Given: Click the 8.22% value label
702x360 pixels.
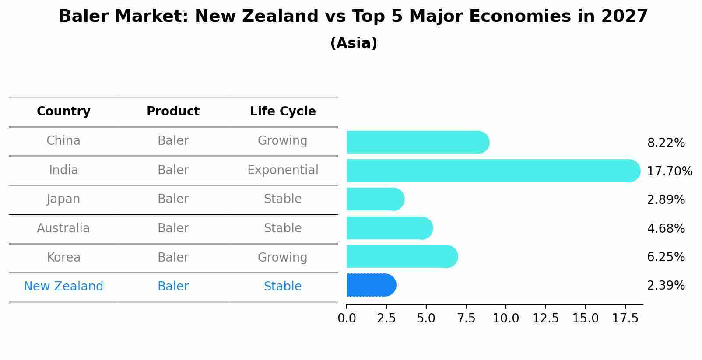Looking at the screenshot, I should (x=666, y=143).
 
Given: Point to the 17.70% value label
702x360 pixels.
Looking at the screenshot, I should (x=669, y=171).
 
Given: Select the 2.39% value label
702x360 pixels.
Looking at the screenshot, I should (x=666, y=286).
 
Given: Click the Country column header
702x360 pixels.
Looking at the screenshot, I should (x=63, y=112).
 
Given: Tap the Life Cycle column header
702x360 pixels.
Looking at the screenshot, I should (x=283, y=112).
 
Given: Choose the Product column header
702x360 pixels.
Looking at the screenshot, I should (x=173, y=112).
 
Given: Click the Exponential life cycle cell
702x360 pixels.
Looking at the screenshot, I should (x=283, y=170).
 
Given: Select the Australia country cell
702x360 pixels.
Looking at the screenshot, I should (x=63, y=228).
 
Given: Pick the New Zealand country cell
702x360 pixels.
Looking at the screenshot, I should (x=63, y=287).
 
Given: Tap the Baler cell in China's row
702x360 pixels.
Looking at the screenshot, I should (x=173, y=141).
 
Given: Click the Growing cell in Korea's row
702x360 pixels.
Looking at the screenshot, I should (x=283, y=257).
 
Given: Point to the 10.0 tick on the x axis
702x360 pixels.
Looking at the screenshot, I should (x=506, y=318).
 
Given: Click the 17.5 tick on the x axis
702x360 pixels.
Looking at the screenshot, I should (x=625, y=318).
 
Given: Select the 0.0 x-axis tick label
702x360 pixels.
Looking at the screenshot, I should (x=347, y=318).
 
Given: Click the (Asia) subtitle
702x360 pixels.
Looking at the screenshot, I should (x=354, y=43).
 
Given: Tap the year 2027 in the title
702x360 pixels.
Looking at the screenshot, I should (x=625, y=17).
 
